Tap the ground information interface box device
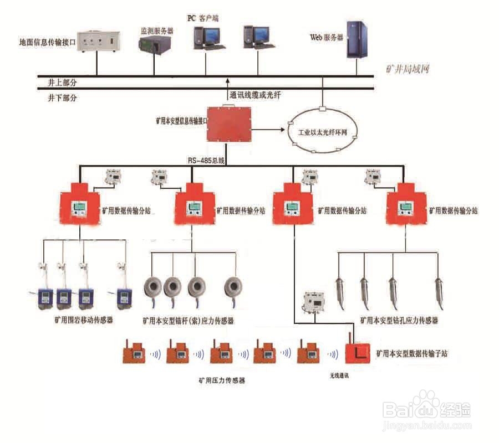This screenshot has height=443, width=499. [x=98, y=42]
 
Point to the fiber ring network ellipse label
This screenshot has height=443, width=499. [x=320, y=133]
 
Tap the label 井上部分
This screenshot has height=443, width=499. [x=62, y=82]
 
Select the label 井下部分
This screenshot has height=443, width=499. [x=62, y=97]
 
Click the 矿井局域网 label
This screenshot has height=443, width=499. [x=408, y=69]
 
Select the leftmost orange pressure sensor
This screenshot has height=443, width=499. [x=134, y=353]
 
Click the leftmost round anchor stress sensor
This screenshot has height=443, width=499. [x=155, y=287]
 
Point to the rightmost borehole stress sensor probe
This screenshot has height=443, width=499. [x=439, y=291]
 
